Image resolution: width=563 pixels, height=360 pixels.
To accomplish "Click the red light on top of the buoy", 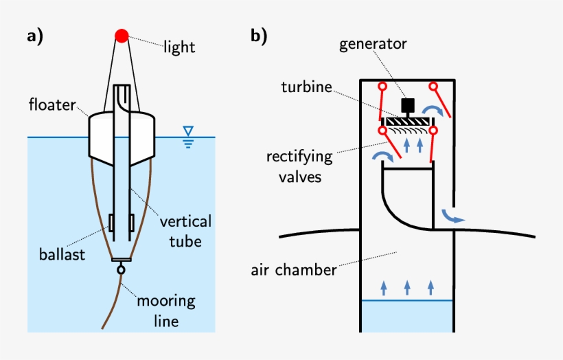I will [x=122, y=35].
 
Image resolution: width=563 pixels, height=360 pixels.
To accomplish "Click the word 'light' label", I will [x=179, y=47].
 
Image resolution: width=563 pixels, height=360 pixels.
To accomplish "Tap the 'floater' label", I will [x=52, y=106].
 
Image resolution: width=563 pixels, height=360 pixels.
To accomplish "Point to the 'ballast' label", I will [x=62, y=255].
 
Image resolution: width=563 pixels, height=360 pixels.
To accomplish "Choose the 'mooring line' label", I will [x=166, y=310].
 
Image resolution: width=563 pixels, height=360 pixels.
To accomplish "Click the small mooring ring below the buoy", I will [x=121, y=270].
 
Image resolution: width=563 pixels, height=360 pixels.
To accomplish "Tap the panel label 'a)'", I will [x=35, y=36].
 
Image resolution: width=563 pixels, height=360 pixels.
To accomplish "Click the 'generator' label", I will [x=373, y=45].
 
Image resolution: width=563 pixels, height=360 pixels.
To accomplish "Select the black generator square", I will [x=407, y=104].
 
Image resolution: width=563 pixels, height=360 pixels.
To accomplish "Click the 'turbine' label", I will [x=306, y=87].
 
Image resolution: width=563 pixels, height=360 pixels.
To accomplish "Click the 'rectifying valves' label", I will [x=299, y=166].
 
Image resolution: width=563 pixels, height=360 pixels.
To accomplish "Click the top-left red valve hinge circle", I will [x=382, y=87].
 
